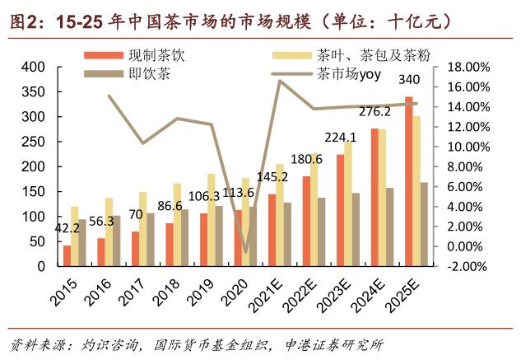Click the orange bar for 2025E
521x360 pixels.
click(409, 181)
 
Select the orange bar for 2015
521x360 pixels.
click(67, 255)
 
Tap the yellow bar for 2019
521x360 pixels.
click(212, 220)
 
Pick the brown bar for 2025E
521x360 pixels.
click(424, 224)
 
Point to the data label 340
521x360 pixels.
click(408, 80)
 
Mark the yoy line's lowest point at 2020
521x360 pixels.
click(244, 252)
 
